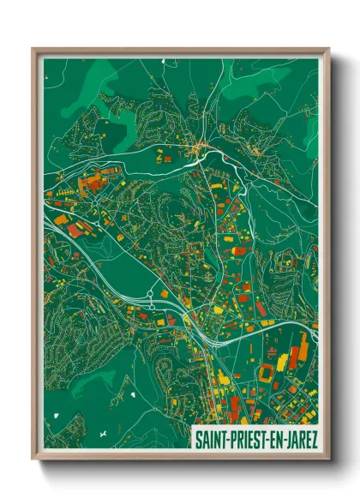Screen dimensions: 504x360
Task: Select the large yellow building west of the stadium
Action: pyautogui.click(x=225, y=376)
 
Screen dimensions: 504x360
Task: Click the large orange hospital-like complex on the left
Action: pyautogui.click(x=91, y=182)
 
